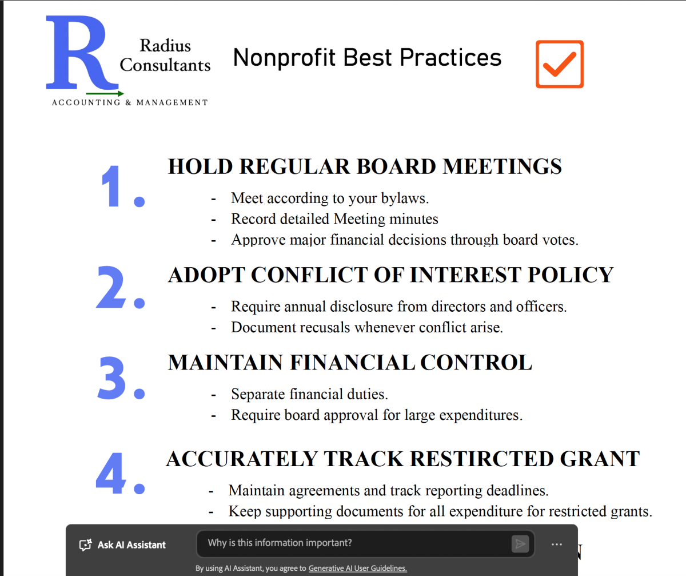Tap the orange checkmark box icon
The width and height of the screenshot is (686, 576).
click(560, 64)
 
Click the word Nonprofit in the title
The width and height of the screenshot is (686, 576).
click(285, 58)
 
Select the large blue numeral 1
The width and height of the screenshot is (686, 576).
click(111, 186)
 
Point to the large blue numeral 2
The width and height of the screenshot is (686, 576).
click(111, 287)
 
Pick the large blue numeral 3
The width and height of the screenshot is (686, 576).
click(112, 378)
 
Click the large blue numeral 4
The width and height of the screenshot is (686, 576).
click(111, 473)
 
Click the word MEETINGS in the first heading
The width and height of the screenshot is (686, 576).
click(502, 166)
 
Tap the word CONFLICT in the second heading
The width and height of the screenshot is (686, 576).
click(309, 275)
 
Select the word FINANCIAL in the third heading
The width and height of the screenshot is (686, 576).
click(353, 363)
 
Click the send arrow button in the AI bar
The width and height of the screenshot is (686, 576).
click(520, 544)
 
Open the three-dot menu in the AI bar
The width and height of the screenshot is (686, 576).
click(557, 545)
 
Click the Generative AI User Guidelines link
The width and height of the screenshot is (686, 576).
click(357, 568)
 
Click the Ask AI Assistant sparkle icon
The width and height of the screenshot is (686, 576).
click(85, 545)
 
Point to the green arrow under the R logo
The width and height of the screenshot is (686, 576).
click(105, 94)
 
